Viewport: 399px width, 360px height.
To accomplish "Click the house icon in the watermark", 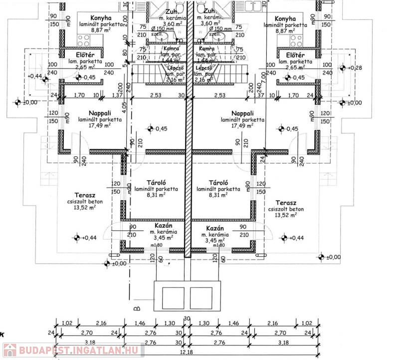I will (9, 350).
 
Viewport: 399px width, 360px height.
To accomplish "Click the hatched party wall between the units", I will (188, 175).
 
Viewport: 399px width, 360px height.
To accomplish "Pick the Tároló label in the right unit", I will (218, 183).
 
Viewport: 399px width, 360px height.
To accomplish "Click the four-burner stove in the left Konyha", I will (83, 40).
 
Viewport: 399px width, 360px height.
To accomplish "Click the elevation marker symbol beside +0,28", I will (343, 68).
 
